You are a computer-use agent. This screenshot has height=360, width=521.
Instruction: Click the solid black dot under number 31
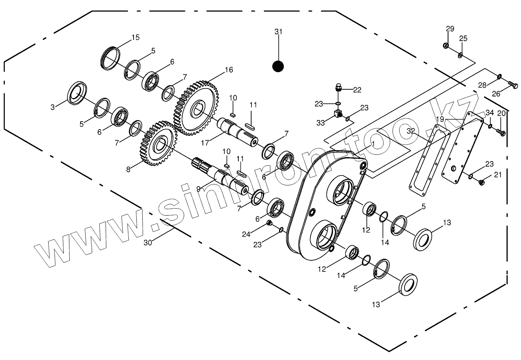[278, 66]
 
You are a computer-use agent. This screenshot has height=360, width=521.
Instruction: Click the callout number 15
[136, 37]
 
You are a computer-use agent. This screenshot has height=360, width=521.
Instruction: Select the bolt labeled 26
[513, 85]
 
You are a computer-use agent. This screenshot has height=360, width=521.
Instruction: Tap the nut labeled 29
[446, 45]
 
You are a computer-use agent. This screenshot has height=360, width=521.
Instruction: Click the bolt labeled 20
[502, 132]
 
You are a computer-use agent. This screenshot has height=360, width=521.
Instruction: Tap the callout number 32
[411, 131]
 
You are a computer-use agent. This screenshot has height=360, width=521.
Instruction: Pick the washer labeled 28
[499, 76]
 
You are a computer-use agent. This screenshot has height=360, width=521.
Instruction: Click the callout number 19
[440, 119]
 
